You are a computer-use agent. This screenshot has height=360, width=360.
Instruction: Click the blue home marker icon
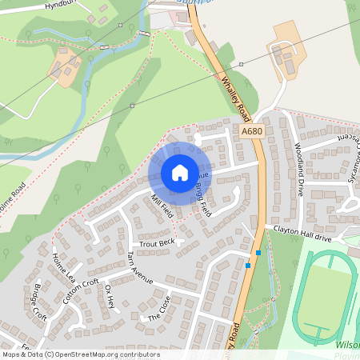click(179, 172)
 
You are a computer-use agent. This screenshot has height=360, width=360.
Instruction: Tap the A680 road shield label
click(252, 131)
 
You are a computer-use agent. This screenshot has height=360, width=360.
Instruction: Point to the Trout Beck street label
click(156, 242)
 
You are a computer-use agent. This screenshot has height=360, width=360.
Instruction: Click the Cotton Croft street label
click(80, 292)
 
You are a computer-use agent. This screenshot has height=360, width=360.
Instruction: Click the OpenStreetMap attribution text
click(80, 354)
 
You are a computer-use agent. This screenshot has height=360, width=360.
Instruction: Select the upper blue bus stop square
click(257, 252)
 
